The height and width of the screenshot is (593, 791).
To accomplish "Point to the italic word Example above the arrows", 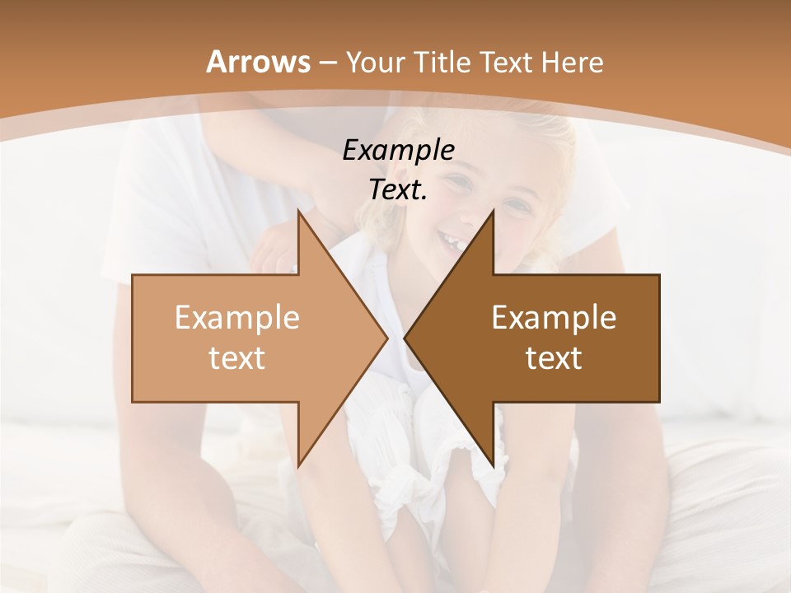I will (398, 150).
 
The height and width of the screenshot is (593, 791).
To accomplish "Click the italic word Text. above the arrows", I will (398, 190).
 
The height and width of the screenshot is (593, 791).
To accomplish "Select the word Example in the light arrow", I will (237, 317).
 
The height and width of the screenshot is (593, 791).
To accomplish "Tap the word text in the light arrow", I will (237, 357).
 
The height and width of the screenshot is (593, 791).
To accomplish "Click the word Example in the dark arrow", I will (554, 317).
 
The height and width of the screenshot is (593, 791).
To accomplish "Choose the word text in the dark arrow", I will (554, 357).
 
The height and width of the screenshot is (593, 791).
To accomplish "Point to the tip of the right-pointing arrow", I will (387, 338).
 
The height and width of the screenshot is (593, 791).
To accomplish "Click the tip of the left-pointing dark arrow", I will (405, 338).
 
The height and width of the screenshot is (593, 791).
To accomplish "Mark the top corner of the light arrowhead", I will (298, 209).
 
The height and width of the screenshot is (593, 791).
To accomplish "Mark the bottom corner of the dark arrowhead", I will (493, 467).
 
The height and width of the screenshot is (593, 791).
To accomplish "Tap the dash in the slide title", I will (328, 63).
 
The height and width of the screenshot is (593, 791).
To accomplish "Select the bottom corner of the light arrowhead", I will (298, 467).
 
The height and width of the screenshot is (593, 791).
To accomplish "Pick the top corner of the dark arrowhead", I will (493, 209).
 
